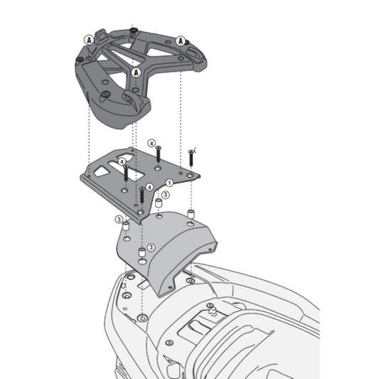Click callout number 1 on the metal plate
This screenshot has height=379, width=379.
click(169, 183)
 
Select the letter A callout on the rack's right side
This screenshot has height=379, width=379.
click(181, 41)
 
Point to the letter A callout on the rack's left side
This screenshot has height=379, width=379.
click(87, 39)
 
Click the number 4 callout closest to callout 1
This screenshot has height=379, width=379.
click(150, 187)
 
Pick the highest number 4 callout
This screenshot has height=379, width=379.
click(151, 142)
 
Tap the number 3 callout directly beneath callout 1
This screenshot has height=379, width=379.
click(165, 193)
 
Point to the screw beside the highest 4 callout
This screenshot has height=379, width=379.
click(159, 152)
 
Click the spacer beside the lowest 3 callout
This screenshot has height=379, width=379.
click(141, 254)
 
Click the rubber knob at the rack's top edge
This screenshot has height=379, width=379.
click(133, 30)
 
